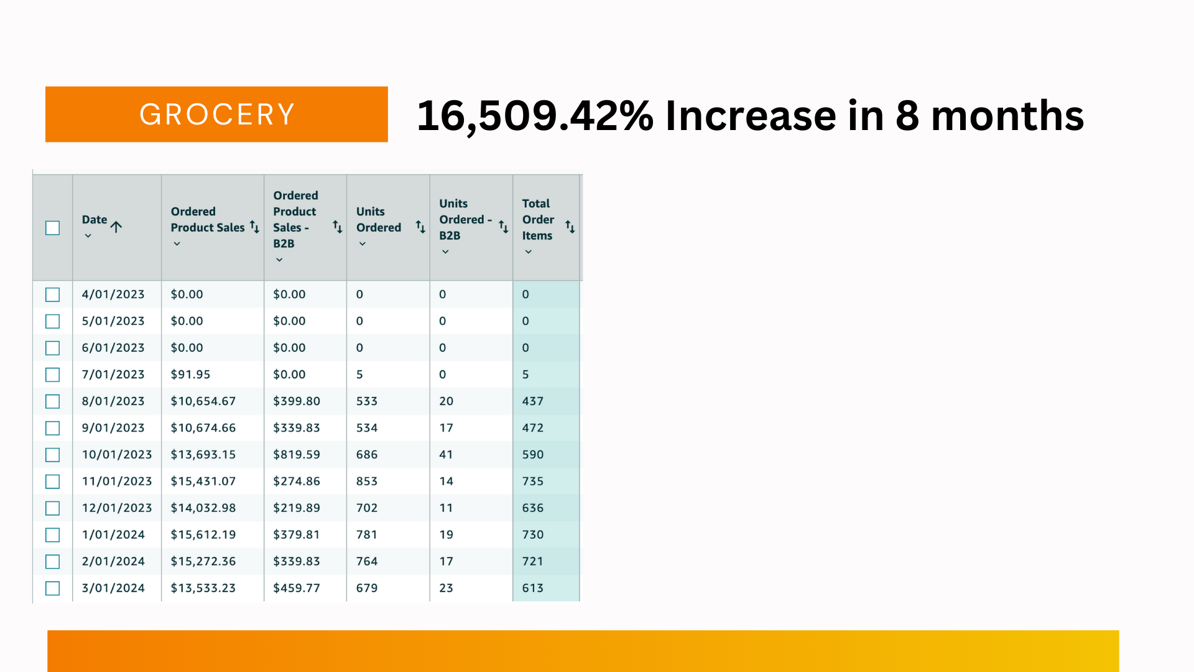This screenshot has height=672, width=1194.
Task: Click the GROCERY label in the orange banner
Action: point(216,114)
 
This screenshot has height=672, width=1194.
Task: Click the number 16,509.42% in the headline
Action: point(535,116)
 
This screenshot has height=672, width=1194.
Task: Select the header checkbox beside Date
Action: point(53,228)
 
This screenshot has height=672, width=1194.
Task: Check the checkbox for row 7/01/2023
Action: point(53,375)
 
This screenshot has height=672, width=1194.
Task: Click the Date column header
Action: point(95,220)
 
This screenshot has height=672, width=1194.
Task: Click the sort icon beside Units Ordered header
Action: point(420,227)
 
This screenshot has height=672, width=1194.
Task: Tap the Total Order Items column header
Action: point(538,220)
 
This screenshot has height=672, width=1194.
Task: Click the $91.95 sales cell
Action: point(190,375)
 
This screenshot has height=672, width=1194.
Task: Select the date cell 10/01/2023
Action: point(117,455)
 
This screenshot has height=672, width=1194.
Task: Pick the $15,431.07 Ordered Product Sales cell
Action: point(203,482)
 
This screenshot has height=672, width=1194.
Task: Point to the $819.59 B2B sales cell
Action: point(297,455)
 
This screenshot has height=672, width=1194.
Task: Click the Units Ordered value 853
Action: point(367,482)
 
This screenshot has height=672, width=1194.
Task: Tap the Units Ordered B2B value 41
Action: point(446,455)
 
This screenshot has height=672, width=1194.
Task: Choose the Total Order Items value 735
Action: point(533,482)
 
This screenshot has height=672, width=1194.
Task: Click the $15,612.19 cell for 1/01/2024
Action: point(203,535)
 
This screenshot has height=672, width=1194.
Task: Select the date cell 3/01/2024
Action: point(113,589)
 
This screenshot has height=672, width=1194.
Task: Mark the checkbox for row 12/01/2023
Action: point(53,508)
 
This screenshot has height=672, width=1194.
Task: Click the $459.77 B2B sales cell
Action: point(297,589)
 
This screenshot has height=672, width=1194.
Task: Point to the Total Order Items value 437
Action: point(533,401)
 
